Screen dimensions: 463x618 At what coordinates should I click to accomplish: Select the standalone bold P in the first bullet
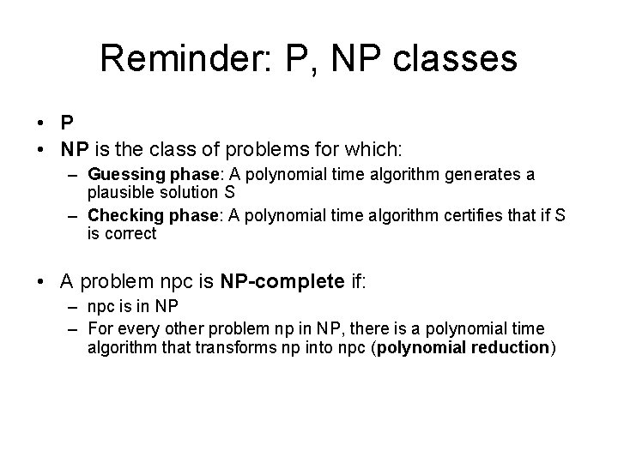pyautogui.click(x=67, y=125)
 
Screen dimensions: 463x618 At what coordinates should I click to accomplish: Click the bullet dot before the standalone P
pyautogui.click(x=43, y=125)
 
